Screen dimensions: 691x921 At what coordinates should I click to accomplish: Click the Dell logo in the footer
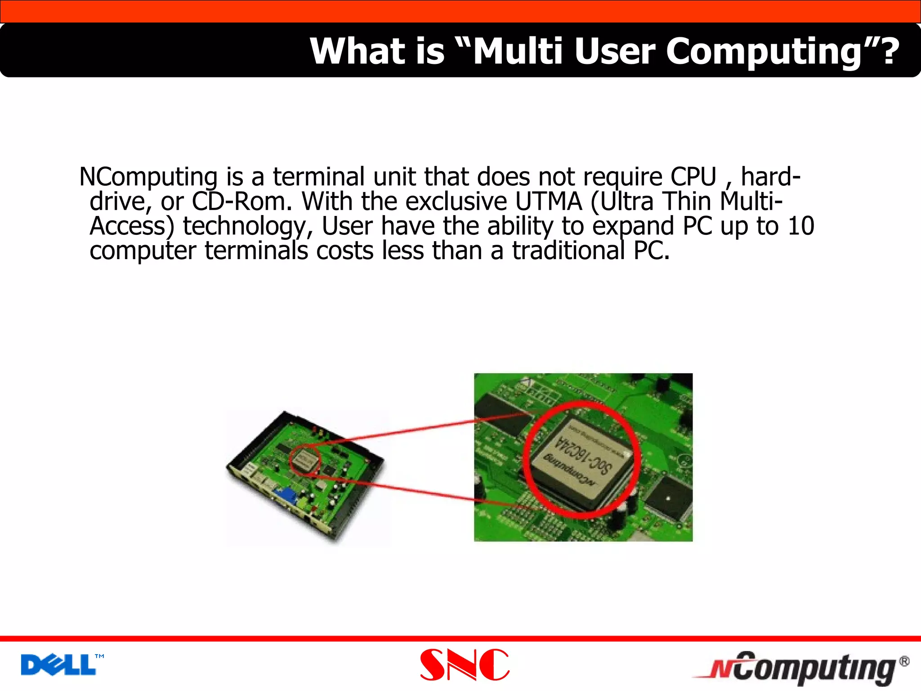58,665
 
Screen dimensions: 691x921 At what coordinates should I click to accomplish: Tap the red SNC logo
465,664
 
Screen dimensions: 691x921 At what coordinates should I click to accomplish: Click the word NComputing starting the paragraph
148,176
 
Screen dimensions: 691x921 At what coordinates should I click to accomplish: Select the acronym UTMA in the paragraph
548,201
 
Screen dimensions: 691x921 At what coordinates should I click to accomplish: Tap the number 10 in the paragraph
801,226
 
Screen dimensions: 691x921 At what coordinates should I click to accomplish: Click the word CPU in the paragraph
693,176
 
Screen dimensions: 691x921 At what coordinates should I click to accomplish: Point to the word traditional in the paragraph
568,251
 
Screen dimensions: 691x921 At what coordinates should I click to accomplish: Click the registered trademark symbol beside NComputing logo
904,661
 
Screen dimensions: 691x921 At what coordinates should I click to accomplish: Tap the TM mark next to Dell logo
99,656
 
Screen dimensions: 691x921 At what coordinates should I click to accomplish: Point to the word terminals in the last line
256,251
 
